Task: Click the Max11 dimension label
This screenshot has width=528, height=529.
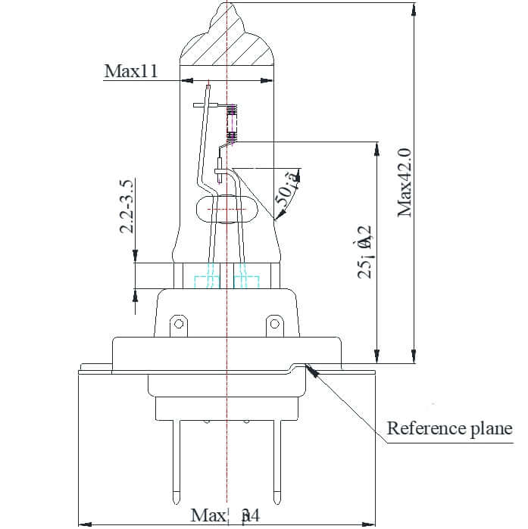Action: point(131,71)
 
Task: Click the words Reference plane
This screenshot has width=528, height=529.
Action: point(449,428)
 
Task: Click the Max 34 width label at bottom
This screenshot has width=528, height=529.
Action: point(225,515)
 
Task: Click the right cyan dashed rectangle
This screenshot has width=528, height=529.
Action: point(245,282)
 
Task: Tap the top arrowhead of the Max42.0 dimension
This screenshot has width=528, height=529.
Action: point(413,9)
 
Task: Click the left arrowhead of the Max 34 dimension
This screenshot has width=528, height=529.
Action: point(83,523)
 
